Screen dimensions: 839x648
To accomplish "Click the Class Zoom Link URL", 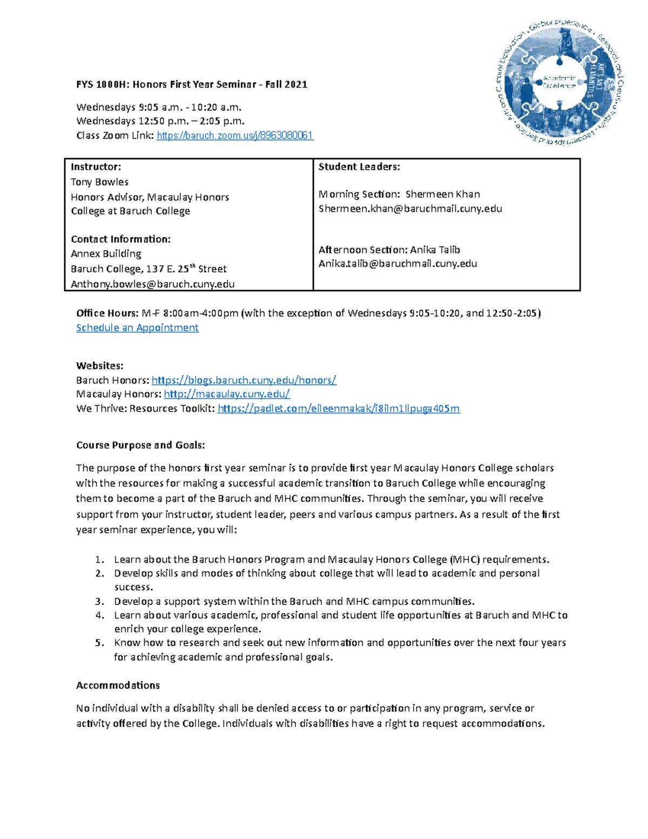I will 235,136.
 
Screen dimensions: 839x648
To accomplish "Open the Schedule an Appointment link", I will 137,328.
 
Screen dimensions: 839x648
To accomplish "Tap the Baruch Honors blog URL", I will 244,380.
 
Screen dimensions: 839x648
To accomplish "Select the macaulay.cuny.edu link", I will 227,394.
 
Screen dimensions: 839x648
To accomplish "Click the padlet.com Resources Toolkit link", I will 339,408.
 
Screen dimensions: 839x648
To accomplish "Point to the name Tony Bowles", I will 99,182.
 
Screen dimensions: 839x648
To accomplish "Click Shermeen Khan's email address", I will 410,209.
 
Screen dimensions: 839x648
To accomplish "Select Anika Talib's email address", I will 398,264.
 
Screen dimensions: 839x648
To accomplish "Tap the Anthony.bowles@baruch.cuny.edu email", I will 153,284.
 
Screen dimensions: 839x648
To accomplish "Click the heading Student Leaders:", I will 359,167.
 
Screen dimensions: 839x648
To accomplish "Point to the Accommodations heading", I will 118,686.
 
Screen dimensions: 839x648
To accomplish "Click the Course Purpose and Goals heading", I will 140,445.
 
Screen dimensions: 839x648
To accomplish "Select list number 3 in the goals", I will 99,601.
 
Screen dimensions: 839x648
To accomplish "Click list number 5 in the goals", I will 99,643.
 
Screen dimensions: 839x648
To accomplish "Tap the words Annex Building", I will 106,254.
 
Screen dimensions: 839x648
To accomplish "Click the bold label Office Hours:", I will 107,313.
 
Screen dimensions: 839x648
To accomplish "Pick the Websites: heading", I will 100,366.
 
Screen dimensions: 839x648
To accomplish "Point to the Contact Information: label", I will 120,239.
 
